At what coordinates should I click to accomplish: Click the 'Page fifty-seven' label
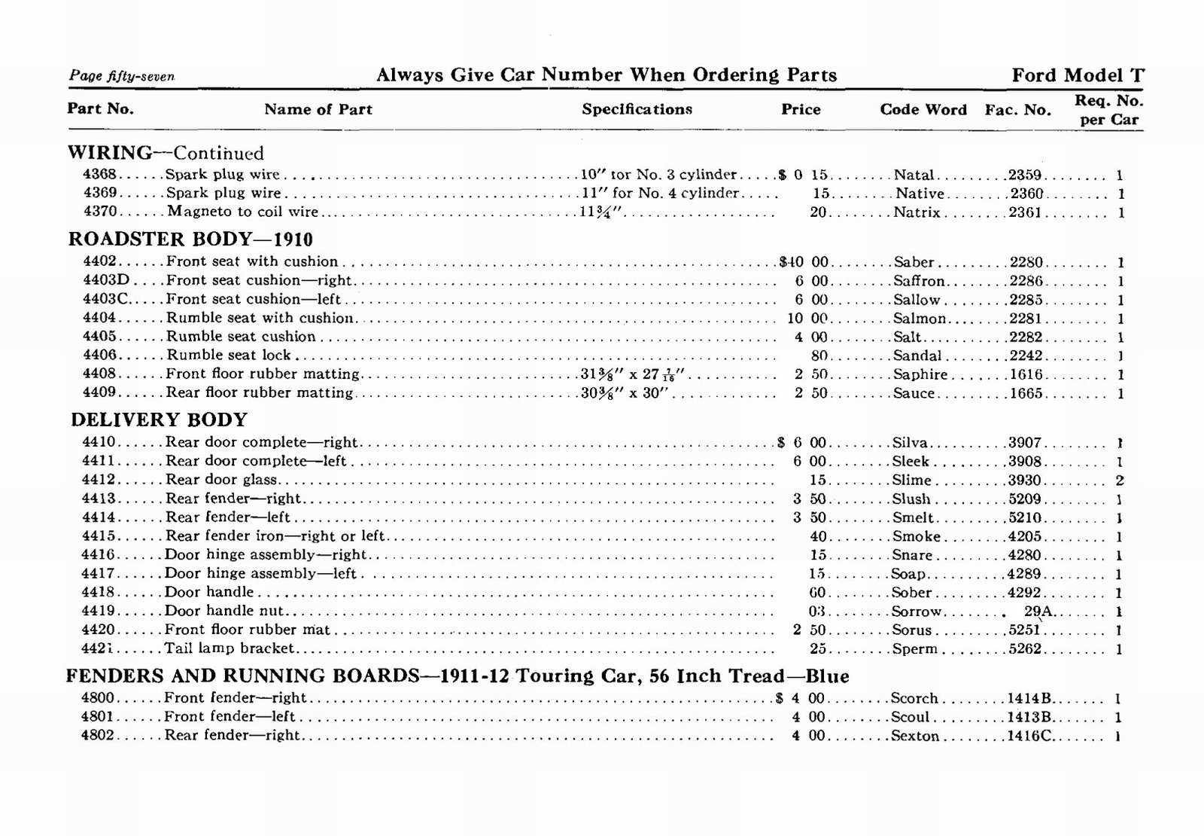coord(122,76)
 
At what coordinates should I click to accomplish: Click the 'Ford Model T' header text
coord(1078,75)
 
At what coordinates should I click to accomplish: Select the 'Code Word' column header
coord(923,110)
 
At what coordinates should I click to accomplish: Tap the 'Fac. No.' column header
coord(1017,110)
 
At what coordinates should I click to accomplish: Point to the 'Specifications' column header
coord(637,109)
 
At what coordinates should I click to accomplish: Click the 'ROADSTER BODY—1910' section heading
coord(190,240)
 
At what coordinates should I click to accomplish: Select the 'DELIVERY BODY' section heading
coord(159,420)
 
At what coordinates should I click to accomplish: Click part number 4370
coord(100,212)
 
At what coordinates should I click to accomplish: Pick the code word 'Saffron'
coord(919,281)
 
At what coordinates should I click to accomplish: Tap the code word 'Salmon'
coord(919,319)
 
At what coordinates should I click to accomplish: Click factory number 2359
coord(1025,175)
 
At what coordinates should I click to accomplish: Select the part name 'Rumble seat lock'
coord(228,355)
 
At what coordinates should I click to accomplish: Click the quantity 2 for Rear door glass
coord(1120,481)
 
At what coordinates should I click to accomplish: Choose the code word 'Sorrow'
coord(917,612)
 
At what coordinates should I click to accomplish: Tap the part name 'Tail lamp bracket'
coord(230,648)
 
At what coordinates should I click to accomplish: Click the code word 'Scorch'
coord(914,698)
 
